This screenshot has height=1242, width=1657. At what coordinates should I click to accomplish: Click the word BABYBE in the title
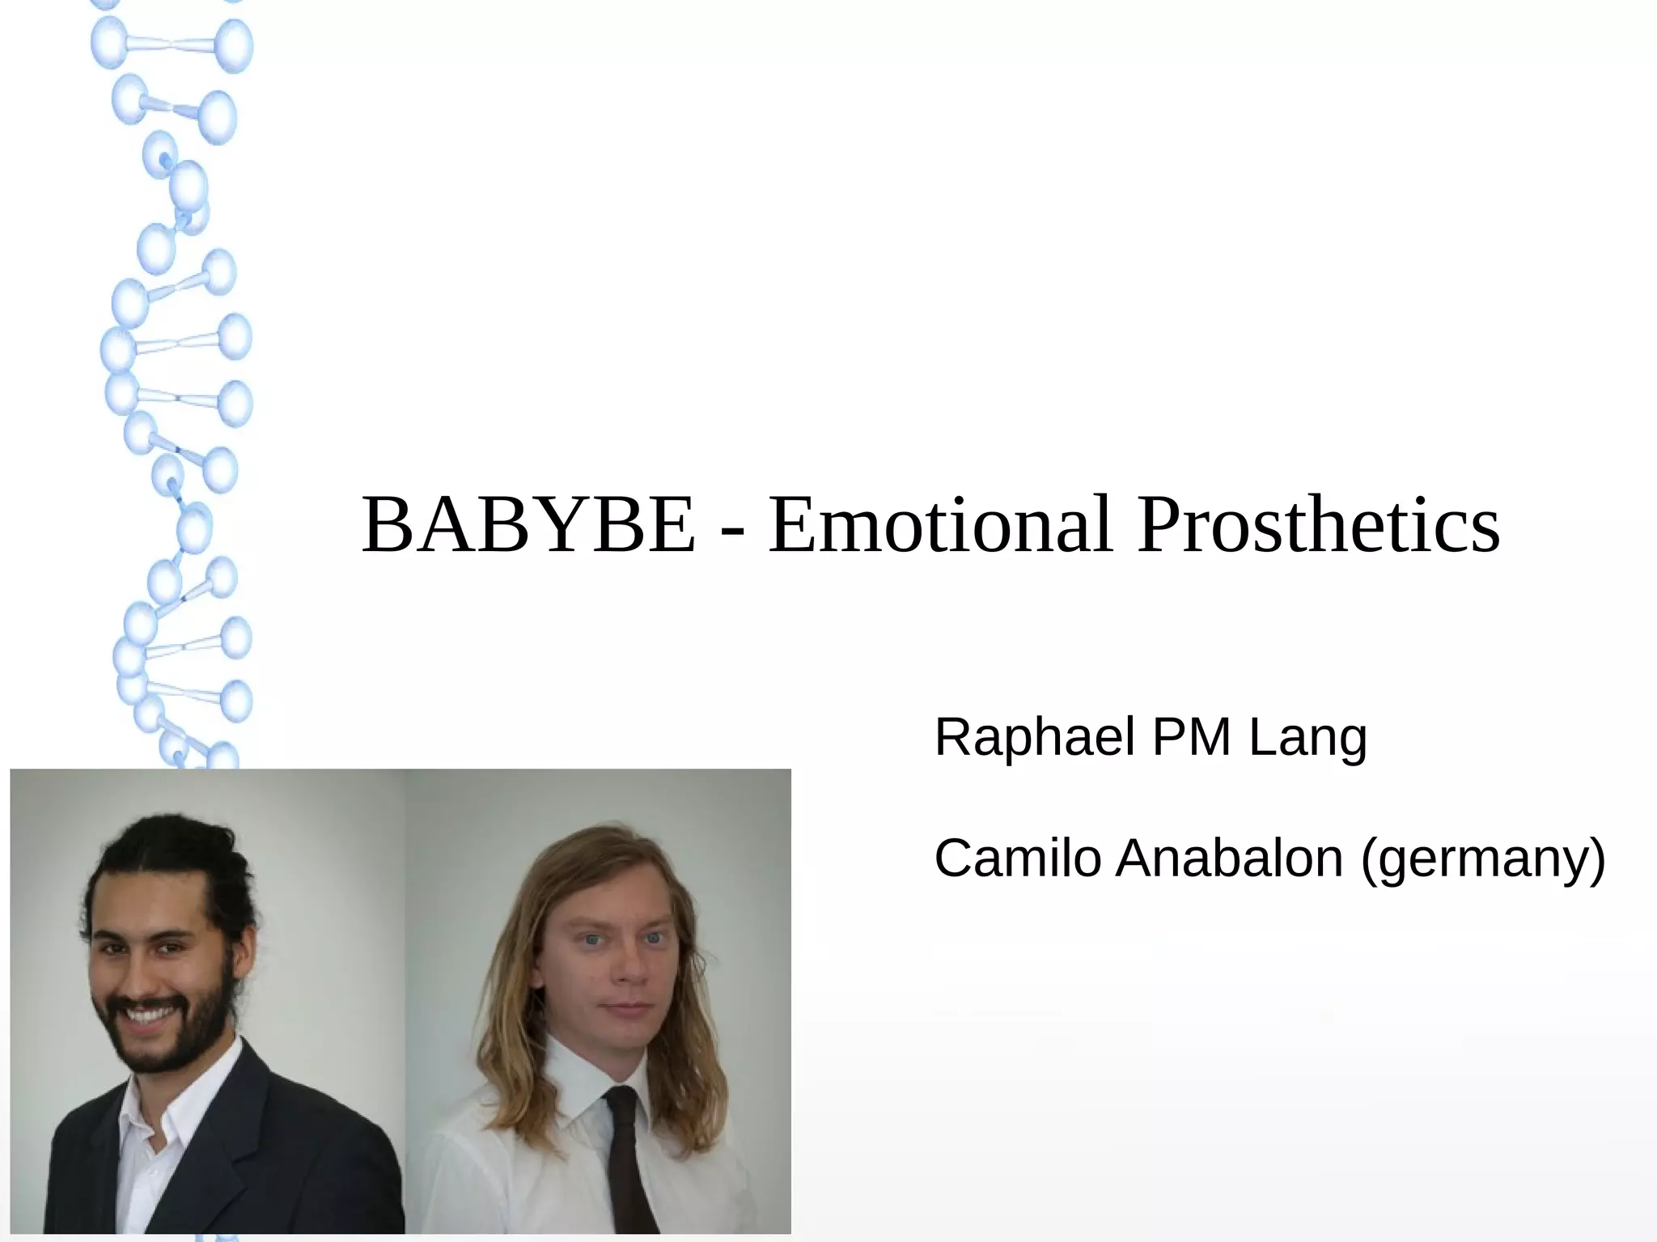tap(528, 526)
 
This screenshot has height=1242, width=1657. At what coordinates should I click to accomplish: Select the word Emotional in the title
tap(941, 526)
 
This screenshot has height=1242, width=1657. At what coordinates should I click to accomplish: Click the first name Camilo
tap(1017, 858)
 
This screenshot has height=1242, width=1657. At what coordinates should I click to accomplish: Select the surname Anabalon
tap(1229, 858)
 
